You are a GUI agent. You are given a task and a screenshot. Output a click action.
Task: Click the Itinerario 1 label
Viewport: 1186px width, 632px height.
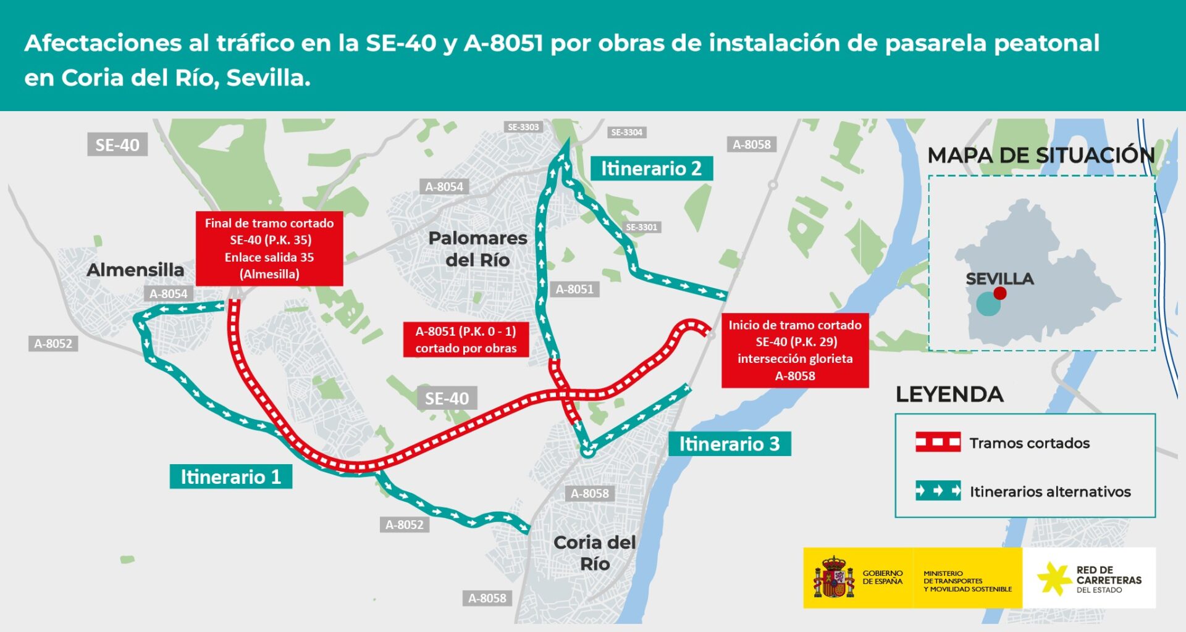(x=230, y=476)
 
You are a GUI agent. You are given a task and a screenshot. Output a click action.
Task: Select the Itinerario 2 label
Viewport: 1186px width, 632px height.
(x=651, y=168)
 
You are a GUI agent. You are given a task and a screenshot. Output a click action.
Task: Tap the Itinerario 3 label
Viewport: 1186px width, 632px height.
(x=729, y=444)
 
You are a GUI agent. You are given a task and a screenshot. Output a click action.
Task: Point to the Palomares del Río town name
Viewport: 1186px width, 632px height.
(x=477, y=249)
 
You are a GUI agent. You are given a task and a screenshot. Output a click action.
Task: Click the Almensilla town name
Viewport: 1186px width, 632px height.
(x=135, y=270)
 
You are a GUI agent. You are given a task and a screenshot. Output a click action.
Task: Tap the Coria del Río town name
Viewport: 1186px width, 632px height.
(x=594, y=553)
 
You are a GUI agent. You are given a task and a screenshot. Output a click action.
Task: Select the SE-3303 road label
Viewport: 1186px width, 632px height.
(x=523, y=127)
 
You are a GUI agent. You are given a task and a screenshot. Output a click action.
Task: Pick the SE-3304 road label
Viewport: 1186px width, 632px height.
(x=626, y=132)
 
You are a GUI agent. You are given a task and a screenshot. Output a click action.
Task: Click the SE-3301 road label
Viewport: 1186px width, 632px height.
(x=642, y=227)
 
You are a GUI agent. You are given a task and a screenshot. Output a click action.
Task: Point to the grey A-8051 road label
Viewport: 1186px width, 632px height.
(x=574, y=289)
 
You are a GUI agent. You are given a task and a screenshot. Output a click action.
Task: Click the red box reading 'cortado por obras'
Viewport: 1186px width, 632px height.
(x=466, y=339)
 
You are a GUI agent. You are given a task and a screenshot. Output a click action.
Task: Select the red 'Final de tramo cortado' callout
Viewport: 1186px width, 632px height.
(x=269, y=249)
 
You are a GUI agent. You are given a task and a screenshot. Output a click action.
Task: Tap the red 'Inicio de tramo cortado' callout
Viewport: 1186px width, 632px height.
(x=795, y=351)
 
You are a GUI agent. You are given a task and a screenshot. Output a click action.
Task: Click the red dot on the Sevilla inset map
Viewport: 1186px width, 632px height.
(x=1000, y=294)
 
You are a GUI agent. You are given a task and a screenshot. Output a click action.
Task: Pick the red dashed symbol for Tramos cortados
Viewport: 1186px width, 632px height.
(x=938, y=443)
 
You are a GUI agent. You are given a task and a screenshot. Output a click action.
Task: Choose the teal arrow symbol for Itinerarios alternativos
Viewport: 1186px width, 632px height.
(x=938, y=491)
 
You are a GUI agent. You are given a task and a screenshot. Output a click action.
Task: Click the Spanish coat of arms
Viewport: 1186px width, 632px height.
(x=833, y=578)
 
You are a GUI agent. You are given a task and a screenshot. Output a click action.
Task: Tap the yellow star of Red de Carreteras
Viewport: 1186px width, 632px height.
(x=1054, y=578)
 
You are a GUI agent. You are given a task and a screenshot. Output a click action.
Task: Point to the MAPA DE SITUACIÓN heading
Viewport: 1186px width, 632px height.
(x=1041, y=155)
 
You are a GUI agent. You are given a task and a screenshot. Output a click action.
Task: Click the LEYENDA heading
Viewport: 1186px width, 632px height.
(x=949, y=394)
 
